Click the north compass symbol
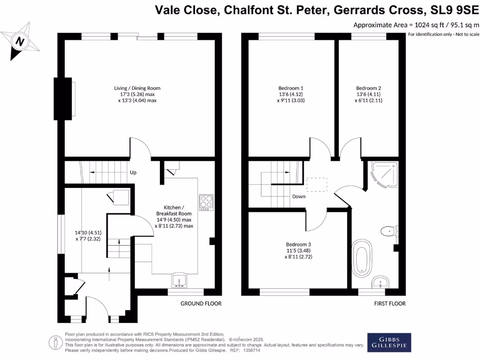(19, 41)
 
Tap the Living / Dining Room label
(137, 94)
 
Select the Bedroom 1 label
(291, 94)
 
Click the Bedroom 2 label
(368, 94)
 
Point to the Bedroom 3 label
(299, 250)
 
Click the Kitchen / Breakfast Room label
(174, 217)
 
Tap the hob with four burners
(206, 202)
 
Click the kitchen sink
(180, 280)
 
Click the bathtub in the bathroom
(362, 259)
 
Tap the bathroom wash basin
(381, 283)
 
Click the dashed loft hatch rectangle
(315, 185)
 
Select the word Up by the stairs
(133, 172)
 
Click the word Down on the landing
(299, 196)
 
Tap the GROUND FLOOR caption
(201, 304)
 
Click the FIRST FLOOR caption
(390, 304)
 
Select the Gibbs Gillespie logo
(389, 343)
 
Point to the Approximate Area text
(416, 25)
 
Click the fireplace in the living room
(64, 98)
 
